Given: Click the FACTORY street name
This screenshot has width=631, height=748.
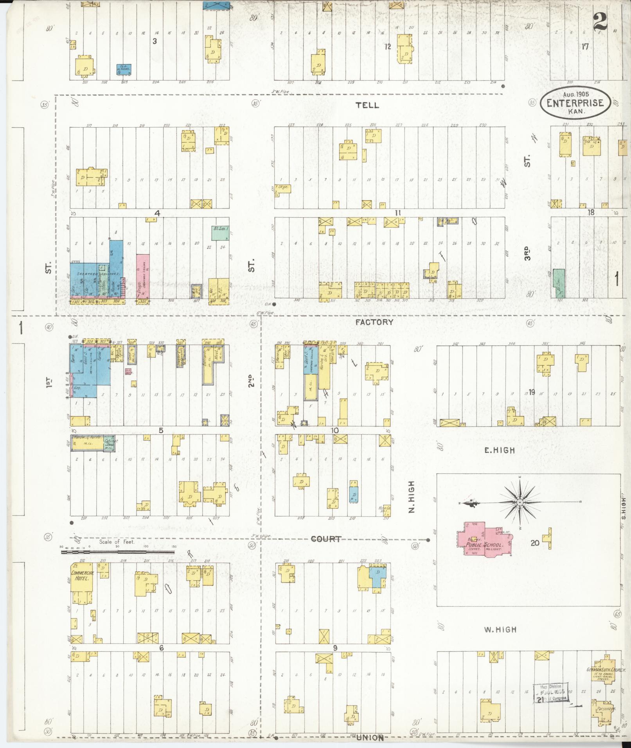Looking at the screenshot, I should (x=374, y=322).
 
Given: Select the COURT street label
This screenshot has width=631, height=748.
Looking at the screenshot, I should (x=325, y=539).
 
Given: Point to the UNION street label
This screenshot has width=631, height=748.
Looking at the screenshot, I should (x=370, y=737).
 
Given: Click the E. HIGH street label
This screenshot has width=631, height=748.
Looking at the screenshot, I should (x=500, y=450).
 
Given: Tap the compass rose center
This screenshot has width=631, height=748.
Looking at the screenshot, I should (x=520, y=502).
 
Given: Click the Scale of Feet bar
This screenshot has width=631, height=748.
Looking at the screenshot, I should (x=117, y=552).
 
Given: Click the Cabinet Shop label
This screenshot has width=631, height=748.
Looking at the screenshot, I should (x=110, y=442).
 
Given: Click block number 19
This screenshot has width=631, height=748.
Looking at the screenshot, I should (x=531, y=393).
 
